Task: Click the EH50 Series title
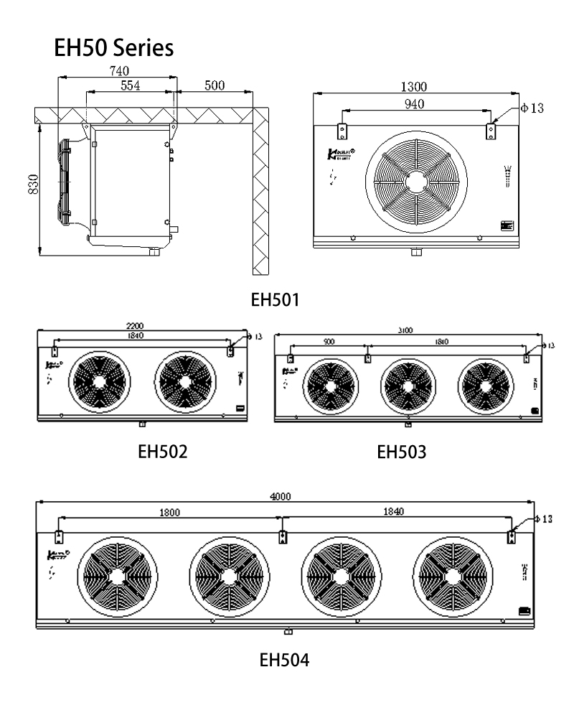113,49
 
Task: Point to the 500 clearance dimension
214,85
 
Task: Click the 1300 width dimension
415,87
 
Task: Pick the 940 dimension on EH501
414,104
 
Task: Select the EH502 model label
162,452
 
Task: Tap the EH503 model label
401,452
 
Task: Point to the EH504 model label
285,659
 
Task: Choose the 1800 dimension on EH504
170,512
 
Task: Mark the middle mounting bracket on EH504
283,536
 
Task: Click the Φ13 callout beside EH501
532,108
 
